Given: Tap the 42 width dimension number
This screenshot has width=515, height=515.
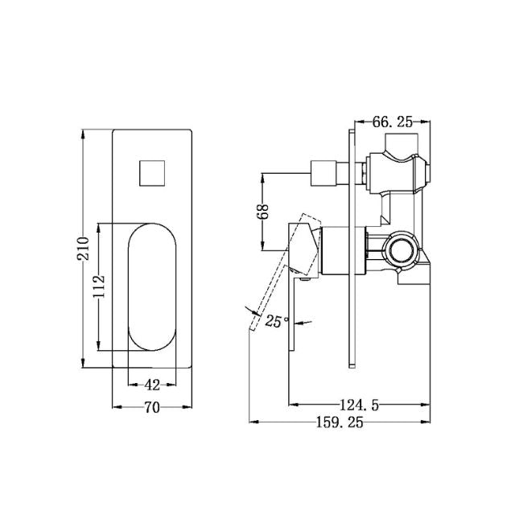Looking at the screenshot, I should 151,385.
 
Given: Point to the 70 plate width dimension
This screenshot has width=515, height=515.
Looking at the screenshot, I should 151,407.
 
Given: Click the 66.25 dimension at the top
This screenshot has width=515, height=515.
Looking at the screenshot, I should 393,122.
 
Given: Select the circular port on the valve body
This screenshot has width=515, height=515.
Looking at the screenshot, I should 399,249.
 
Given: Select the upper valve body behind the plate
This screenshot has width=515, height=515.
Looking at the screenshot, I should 394,171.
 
